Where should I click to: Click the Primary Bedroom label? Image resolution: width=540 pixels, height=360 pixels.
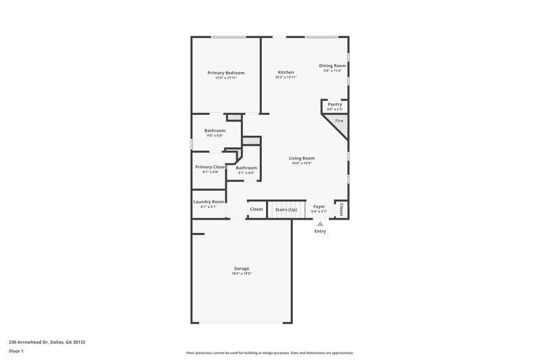[x=225, y=73]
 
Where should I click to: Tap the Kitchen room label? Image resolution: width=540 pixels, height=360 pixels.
[x=286, y=72]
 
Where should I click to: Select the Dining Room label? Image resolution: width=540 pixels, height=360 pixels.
[x=331, y=66]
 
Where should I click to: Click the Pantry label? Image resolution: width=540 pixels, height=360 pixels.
[x=335, y=104]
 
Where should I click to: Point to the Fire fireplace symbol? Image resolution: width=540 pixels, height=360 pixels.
[x=339, y=121]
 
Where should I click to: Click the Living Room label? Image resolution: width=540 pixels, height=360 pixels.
[x=302, y=158]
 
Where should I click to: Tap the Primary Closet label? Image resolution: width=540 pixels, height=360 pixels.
[x=210, y=167]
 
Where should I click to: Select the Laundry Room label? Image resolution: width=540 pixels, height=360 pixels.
[x=209, y=201]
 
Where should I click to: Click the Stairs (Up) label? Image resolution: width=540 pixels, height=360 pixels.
[x=286, y=209]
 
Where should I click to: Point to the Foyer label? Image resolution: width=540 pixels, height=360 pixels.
[x=319, y=206]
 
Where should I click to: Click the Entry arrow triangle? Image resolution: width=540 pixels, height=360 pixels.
[x=320, y=224]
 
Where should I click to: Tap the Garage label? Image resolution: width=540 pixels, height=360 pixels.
[x=242, y=268]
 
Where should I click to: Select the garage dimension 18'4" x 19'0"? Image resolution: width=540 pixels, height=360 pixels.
[x=242, y=274]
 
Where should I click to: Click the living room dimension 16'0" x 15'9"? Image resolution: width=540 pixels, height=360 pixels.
[x=302, y=163]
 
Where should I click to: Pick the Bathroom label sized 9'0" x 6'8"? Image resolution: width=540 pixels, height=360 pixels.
[x=215, y=130]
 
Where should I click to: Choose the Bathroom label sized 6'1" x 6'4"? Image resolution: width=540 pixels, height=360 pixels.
[x=246, y=168]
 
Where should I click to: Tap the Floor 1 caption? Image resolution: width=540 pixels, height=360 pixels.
[x=17, y=351]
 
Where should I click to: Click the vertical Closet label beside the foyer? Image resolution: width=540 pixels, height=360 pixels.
[x=342, y=209]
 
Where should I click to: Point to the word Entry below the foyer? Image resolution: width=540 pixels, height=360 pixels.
[x=320, y=232]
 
